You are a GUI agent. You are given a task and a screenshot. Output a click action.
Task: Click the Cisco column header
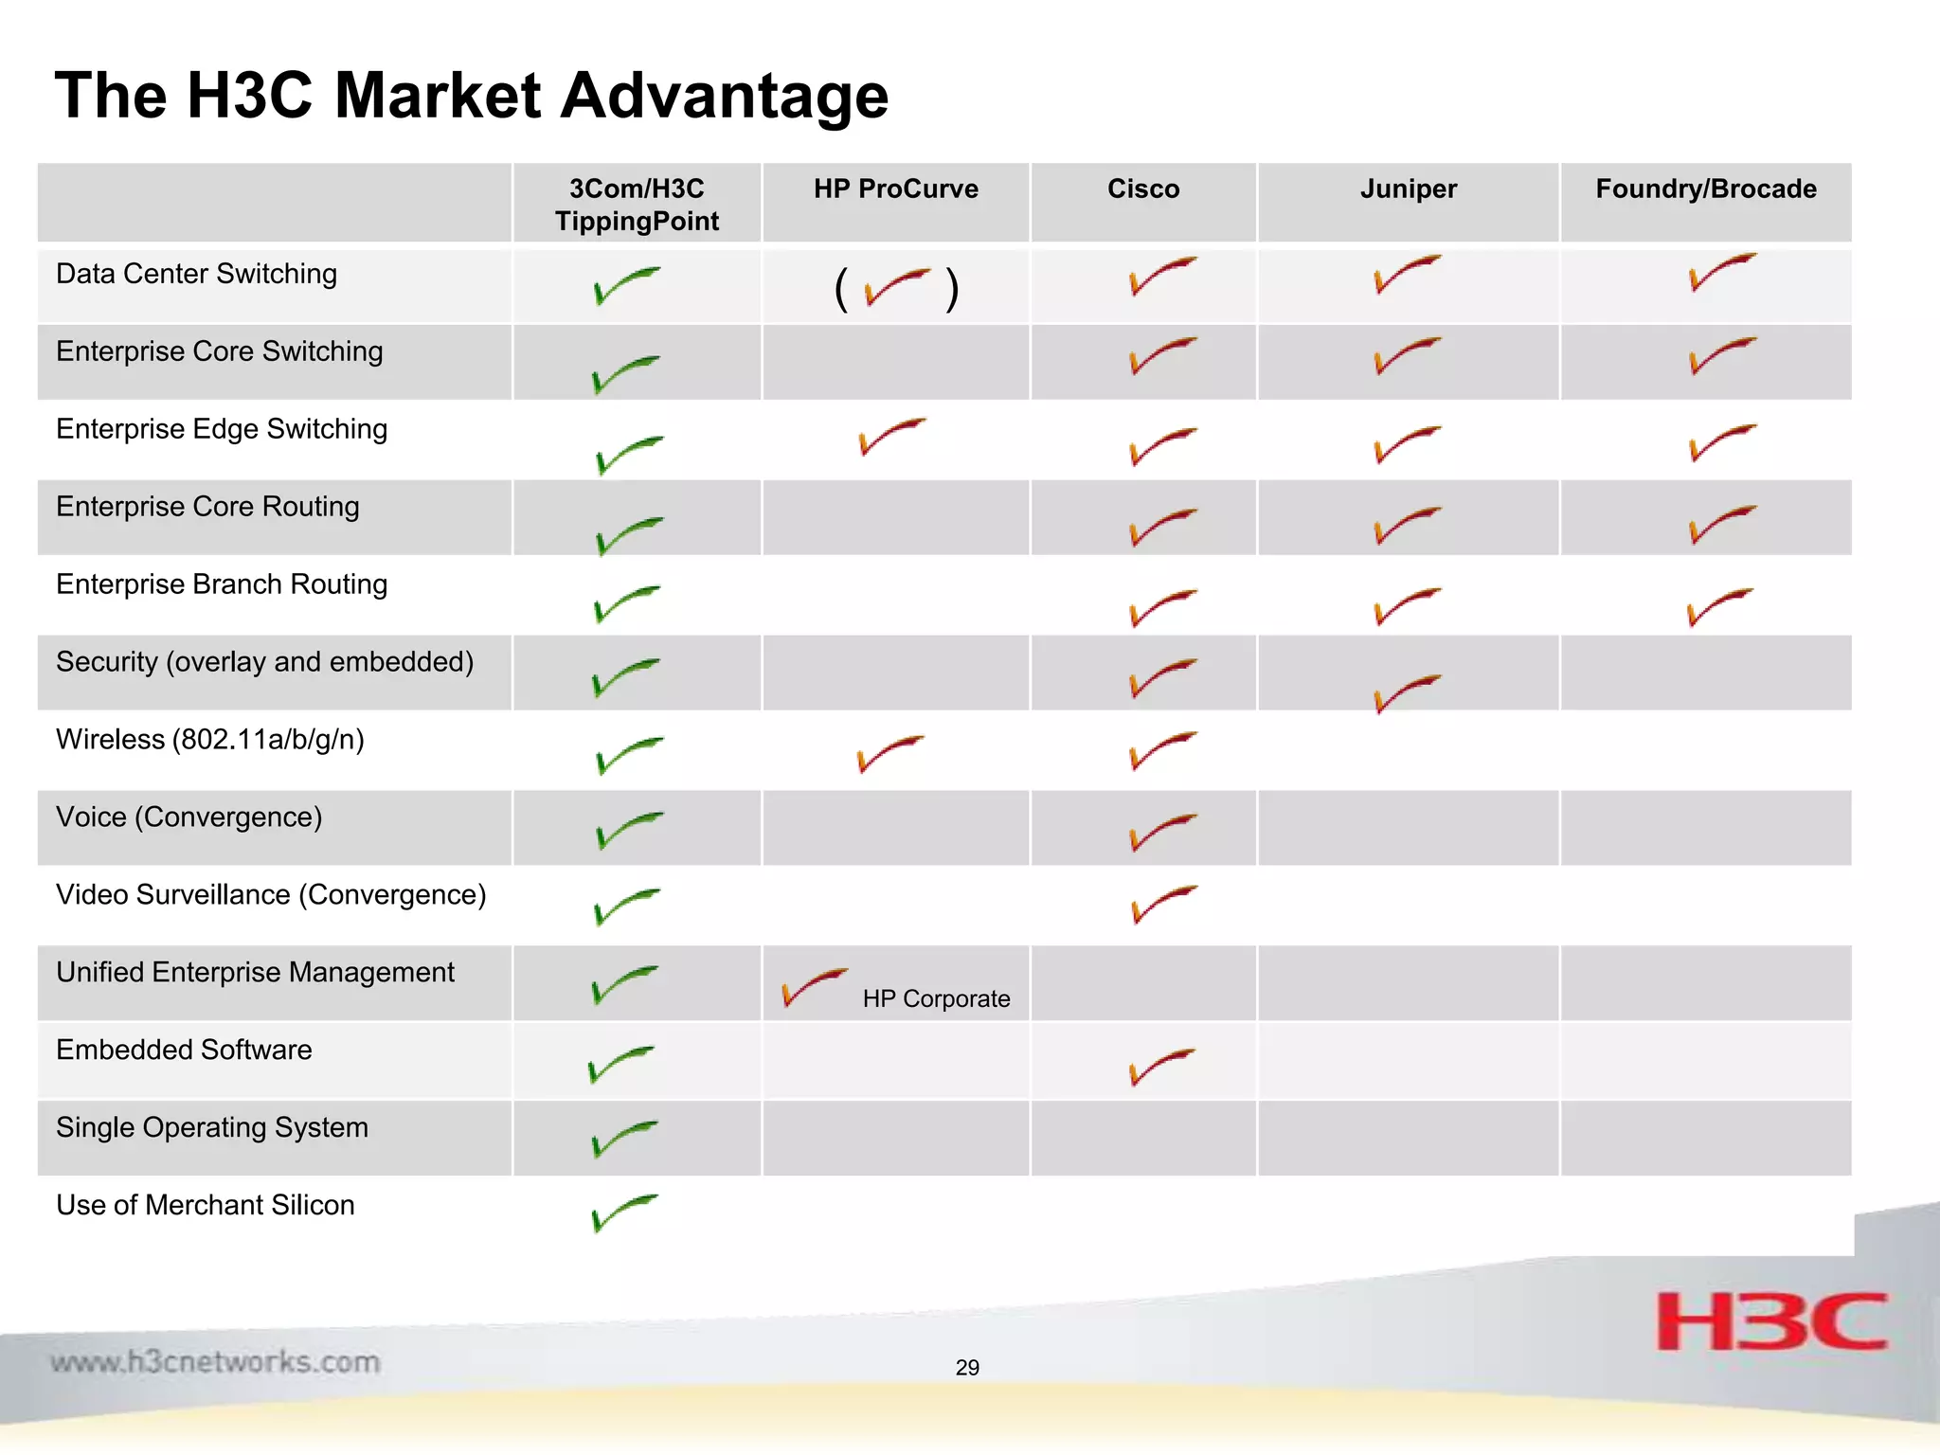pyautogui.click(x=1143, y=189)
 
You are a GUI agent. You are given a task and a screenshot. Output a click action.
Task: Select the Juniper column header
pyautogui.click(x=1409, y=189)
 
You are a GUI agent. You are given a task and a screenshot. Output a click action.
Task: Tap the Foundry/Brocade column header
pyautogui.click(x=1706, y=189)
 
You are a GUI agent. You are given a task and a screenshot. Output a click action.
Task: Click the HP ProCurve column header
pyautogui.click(x=895, y=189)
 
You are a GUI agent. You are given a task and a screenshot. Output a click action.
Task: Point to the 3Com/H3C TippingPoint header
pyautogui.click(x=637, y=205)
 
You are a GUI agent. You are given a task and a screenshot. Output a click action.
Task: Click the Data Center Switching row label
pyautogui.click(x=196, y=274)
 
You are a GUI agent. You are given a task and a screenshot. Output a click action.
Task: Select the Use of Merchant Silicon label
pyautogui.click(x=205, y=1205)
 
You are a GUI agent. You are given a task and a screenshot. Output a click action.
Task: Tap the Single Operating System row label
pyautogui.click(x=212, y=1127)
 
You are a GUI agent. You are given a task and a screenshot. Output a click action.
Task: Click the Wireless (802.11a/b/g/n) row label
pyautogui.click(x=209, y=739)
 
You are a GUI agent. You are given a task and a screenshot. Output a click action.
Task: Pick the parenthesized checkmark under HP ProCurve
pyautogui.click(x=896, y=287)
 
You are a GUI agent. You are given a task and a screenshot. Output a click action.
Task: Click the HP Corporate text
pyautogui.click(x=936, y=998)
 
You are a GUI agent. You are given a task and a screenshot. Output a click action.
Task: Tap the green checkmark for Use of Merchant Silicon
pyautogui.click(x=623, y=1212)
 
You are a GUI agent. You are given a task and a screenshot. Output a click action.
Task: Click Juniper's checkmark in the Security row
pyautogui.click(x=1406, y=692)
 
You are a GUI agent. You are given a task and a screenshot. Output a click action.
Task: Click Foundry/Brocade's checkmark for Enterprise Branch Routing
pyautogui.click(x=1718, y=606)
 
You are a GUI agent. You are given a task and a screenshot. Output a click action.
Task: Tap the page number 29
pyautogui.click(x=967, y=1367)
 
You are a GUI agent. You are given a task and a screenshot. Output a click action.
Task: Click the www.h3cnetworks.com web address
pyautogui.click(x=215, y=1362)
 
